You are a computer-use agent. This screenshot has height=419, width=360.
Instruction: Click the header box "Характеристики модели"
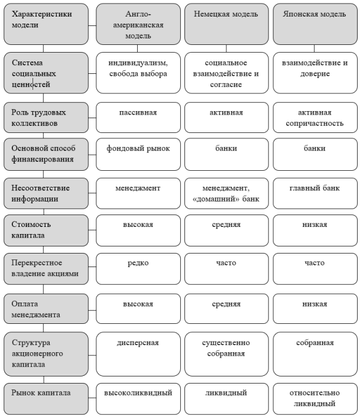(46, 24)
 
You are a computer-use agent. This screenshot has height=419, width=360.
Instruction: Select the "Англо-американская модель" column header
(138, 24)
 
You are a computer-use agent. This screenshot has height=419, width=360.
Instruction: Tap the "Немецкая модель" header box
(226, 24)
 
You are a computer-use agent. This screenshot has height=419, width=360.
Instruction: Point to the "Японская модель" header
(315, 24)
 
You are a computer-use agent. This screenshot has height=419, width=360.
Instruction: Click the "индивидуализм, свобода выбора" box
(138, 73)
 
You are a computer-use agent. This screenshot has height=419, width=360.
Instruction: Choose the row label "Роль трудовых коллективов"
(46, 118)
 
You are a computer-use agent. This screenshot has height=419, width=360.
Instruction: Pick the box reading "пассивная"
(138, 118)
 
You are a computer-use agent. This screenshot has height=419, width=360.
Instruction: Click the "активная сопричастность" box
(315, 118)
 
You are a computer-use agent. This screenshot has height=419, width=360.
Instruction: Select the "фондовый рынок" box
(138, 154)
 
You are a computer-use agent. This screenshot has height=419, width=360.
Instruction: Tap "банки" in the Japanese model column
(315, 154)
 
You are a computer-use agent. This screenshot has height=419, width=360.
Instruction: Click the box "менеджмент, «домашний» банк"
(226, 193)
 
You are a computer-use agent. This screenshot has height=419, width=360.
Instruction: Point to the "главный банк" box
(315, 193)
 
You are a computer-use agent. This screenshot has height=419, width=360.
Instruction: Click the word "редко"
(138, 263)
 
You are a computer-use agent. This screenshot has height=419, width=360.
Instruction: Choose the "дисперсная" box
(138, 354)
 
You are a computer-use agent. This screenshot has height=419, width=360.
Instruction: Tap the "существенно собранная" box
(226, 354)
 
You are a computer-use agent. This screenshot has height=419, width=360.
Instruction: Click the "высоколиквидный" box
(138, 399)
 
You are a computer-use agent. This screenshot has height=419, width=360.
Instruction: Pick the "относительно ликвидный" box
(315, 399)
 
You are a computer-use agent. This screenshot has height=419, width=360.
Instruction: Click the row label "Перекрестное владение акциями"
(46, 269)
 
